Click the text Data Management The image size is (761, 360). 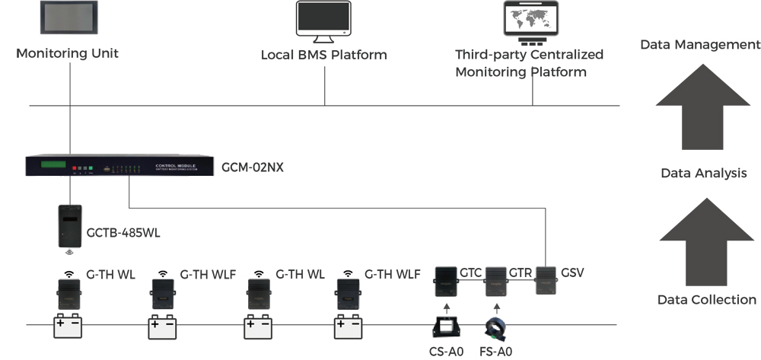pyautogui.click(x=699, y=45)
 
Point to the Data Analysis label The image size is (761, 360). pyautogui.click(x=703, y=174)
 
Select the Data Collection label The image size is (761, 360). pyautogui.click(x=706, y=300)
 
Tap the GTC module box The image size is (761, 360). pyautogui.click(x=445, y=282)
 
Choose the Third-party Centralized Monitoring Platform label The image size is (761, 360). pyautogui.click(x=529, y=63)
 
